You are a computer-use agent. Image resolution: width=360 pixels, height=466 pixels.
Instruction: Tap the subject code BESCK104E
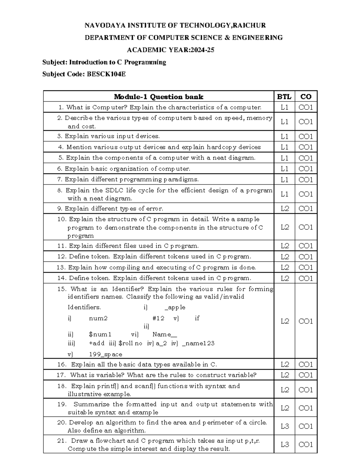106,74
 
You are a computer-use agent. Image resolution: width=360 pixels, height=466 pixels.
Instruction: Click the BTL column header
284,97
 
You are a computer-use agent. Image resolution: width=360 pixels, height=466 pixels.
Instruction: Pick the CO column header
306,97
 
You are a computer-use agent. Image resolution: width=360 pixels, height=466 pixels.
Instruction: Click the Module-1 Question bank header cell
158,97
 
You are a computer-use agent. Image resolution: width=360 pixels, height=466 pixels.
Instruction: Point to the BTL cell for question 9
284,208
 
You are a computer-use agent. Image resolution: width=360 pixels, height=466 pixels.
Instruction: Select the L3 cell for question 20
284,426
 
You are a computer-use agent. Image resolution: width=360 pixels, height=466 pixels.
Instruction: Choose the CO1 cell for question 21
306,444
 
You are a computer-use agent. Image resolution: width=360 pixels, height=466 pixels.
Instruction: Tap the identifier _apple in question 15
175,307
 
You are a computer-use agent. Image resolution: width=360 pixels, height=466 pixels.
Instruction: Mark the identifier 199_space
106,354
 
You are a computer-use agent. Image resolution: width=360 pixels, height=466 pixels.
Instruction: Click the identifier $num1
100,334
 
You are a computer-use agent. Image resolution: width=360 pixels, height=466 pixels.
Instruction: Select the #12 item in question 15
158,318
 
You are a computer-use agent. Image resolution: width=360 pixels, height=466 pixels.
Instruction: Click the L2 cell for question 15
284,321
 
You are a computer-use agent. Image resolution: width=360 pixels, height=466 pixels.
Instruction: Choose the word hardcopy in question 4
222,147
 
